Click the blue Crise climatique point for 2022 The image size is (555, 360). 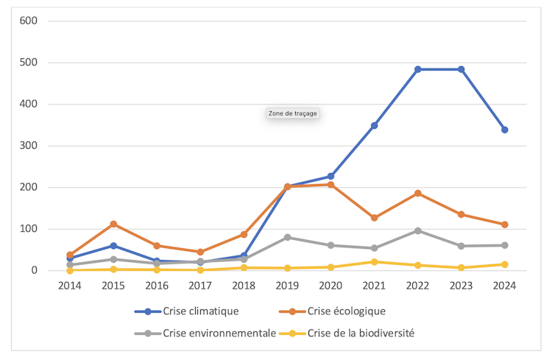tap(417, 69)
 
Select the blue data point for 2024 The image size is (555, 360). tap(504, 130)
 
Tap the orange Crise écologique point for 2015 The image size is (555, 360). tap(113, 224)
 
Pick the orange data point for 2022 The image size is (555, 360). tap(417, 193)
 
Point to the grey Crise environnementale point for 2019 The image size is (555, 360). tap(287, 237)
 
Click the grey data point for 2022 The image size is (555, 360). tap(417, 230)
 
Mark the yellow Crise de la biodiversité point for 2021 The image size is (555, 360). tap(374, 262)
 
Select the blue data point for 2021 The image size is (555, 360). tap(374, 126)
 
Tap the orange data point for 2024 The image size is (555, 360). tap(504, 225)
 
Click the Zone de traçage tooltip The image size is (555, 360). tap(292, 113)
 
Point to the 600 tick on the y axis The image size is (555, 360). tap(29, 21)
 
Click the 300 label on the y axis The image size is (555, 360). tap(29, 146)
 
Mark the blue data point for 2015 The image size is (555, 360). tap(113, 246)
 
